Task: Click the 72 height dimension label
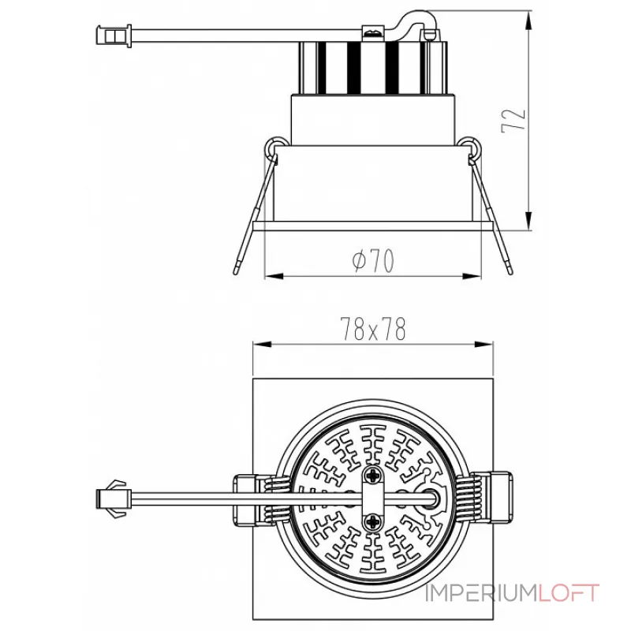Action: (514, 121)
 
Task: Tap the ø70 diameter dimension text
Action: (373, 260)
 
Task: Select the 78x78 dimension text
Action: (373, 329)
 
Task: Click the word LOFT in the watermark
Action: (569, 593)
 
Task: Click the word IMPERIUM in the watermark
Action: (482, 593)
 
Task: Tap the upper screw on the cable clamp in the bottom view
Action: (373, 476)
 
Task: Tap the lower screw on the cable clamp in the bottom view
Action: (373, 523)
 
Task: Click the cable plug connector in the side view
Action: (114, 35)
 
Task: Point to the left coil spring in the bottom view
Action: (277, 499)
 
